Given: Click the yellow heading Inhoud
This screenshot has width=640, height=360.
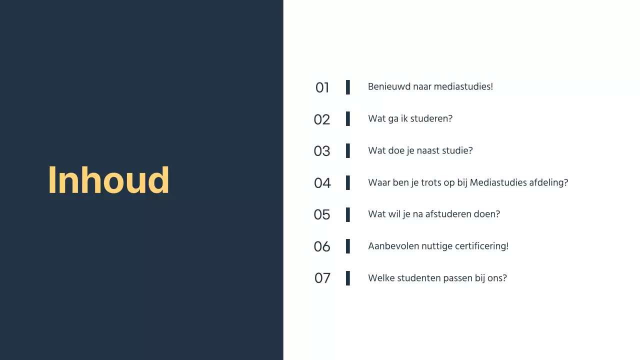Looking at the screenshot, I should tap(108, 180).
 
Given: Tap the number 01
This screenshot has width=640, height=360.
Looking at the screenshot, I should tap(322, 87).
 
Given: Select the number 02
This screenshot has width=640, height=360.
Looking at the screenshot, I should tap(322, 119).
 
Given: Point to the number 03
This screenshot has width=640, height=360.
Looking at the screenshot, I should tap(322, 151).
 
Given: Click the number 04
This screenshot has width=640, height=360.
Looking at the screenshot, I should tap(322, 183).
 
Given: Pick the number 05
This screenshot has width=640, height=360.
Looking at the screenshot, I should tap(322, 214).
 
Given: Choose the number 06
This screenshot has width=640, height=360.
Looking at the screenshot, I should tap(322, 246).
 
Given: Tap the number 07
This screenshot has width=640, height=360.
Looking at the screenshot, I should tap(322, 278).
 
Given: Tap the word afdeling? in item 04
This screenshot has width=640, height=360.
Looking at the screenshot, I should tap(548, 182).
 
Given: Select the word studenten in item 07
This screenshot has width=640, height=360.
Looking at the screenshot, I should tap(418, 278).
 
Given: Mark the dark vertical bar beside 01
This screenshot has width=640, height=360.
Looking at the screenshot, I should tap(348, 87).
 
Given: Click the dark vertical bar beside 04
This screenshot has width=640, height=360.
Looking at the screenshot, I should tap(348, 182).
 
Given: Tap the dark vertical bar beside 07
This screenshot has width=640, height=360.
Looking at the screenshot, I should tap(348, 278).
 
